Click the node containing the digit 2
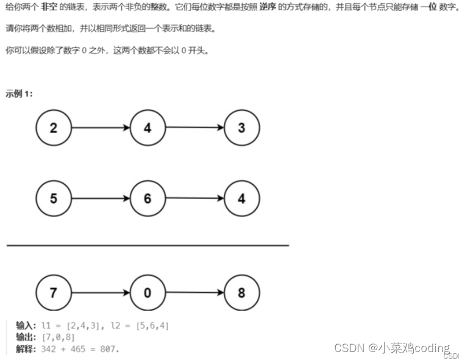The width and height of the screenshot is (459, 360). point(54,128)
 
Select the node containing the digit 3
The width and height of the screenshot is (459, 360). point(242,128)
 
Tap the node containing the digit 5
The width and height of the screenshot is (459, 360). point(54,198)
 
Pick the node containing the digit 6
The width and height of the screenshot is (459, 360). point(148,198)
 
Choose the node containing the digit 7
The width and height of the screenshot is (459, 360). point(54,292)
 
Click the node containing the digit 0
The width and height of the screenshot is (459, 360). point(148,292)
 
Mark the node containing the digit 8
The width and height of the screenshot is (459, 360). point(242,292)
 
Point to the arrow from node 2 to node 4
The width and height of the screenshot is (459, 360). point(101,128)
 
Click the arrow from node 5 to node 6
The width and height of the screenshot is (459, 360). point(101,198)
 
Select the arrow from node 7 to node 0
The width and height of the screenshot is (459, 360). point(101,292)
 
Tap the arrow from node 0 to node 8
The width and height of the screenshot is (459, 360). point(194,292)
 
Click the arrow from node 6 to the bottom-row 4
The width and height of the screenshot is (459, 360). point(194,198)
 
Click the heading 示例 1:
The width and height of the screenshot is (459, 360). point(19,94)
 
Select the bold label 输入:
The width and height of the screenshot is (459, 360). point(26,326)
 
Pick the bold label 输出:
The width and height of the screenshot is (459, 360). point(26,337)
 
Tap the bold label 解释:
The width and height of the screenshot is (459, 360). point(26,349)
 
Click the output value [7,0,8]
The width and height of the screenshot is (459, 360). point(59,337)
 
